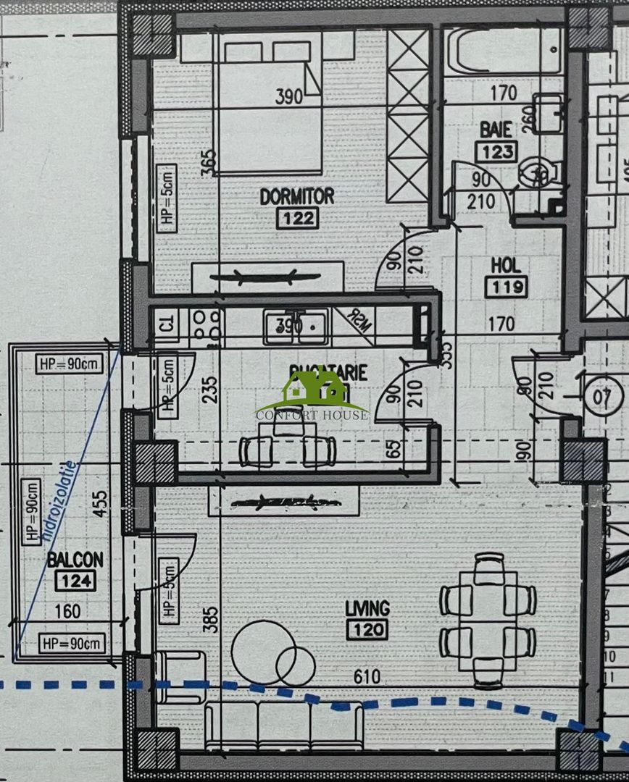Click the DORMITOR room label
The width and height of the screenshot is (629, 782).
(296, 195)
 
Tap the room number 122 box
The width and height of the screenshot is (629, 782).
(296, 216)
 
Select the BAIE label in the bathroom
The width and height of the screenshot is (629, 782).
(496, 130)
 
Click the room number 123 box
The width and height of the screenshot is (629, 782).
(496, 151)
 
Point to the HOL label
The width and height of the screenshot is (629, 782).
(507, 265)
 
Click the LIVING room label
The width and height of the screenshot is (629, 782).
(367, 607)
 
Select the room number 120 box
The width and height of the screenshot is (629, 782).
(367, 629)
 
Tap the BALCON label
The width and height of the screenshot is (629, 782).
(75, 559)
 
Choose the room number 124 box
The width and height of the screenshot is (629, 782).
(75, 580)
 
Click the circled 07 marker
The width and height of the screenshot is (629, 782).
(604, 396)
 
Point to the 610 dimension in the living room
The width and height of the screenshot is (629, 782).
(367, 676)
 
